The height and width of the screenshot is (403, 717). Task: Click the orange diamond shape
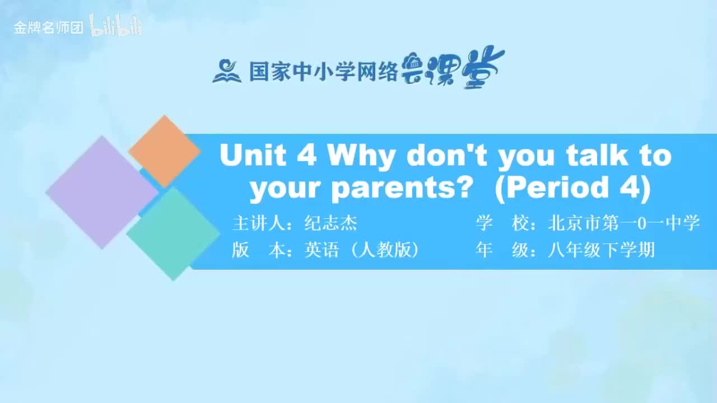point(164,151)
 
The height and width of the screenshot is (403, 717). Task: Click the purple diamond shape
point(102,192)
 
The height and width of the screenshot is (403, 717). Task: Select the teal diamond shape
point(173,234)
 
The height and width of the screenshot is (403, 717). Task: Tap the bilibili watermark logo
point(115,26)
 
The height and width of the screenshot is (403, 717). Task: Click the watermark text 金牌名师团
point(48,28)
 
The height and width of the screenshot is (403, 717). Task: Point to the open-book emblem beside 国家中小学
point(226,71)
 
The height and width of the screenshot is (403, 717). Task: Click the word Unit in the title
point(253,156)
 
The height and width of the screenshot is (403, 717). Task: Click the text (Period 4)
point(572,189)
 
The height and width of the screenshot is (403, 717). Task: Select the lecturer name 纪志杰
point(330,223)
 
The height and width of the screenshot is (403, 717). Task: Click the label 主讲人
point(259,223)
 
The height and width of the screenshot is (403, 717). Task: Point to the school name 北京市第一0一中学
point(624,223)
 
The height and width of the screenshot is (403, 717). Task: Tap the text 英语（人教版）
point(362,250)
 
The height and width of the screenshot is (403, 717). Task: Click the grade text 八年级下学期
point(601,250)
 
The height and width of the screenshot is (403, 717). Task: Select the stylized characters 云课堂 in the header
point(452,67)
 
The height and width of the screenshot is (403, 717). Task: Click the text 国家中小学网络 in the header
point(324,71)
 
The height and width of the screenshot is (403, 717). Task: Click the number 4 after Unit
point(306,156)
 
